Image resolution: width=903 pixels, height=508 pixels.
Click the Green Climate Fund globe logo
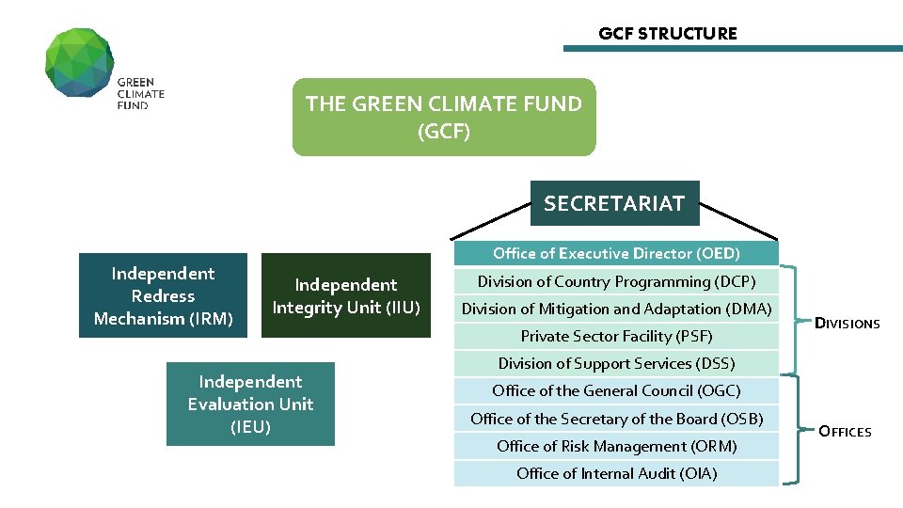(80, 62)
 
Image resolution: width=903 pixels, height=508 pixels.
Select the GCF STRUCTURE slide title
(668, 34)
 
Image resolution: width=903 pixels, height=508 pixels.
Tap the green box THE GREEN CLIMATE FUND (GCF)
(444, 117)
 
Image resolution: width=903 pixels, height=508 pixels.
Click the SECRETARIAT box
(614, 203)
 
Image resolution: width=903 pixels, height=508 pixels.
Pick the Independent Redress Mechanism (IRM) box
(163, 295)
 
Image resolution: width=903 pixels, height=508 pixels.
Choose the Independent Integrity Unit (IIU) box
(345, 295)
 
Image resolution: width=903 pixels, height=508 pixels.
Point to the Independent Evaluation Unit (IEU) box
(250, 404)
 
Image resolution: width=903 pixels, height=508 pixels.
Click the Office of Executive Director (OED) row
(616, 253)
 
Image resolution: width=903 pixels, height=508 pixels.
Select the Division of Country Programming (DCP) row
(616, 281)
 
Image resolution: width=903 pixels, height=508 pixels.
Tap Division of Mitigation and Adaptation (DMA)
(616, 309)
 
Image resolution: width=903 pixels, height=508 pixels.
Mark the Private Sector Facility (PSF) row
(616, 336)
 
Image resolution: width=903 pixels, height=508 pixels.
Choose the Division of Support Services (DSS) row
(616, 363)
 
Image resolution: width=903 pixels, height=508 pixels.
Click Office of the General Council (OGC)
(616, 390)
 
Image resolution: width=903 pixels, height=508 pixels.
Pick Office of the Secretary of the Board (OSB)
(616, 419)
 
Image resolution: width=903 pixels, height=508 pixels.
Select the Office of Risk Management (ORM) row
(616, 446)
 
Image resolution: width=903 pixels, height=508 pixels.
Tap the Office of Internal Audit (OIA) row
(616, 473)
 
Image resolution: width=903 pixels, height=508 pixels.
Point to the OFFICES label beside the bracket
(845, 432)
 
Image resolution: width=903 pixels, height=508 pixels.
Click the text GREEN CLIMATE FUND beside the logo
(140, 94)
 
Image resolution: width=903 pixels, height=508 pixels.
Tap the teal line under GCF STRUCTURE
(733, 48)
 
